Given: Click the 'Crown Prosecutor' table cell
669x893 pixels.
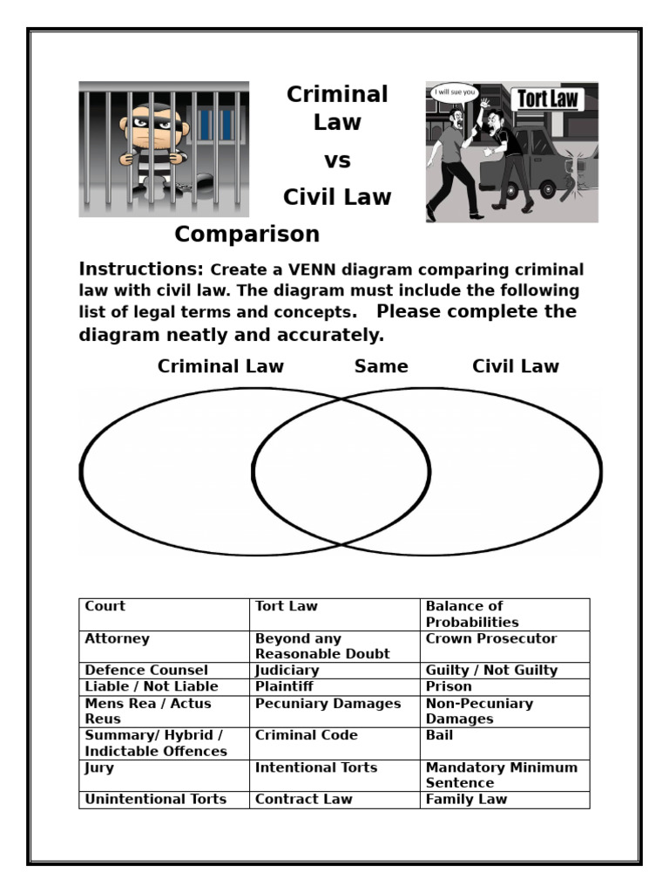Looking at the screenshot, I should [x=490, y=639].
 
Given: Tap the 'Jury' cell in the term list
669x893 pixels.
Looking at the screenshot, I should [x=99, y=768].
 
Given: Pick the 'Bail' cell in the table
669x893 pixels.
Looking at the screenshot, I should [x=439, y=735].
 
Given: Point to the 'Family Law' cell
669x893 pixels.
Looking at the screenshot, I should [x=466, y=799].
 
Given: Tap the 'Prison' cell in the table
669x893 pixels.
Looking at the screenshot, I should [x=448, y=687].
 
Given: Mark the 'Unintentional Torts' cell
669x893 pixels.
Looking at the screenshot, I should [x=155, y=799].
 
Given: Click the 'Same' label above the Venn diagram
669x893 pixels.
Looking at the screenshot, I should [x=381, y=366].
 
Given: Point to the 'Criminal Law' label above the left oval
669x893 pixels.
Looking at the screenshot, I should [x=220, y=366].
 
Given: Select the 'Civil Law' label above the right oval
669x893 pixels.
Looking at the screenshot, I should [x=516, y=366].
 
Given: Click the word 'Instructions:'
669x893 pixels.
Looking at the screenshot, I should [x=141, y=269].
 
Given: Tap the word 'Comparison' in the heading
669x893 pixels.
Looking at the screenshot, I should [x=247, y=235].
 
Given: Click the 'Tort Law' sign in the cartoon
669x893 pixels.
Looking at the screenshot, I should [x=548, y=99].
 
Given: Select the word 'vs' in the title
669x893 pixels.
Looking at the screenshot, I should [x=337, y=161].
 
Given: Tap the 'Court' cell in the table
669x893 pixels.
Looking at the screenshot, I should [x=105, y=606].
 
